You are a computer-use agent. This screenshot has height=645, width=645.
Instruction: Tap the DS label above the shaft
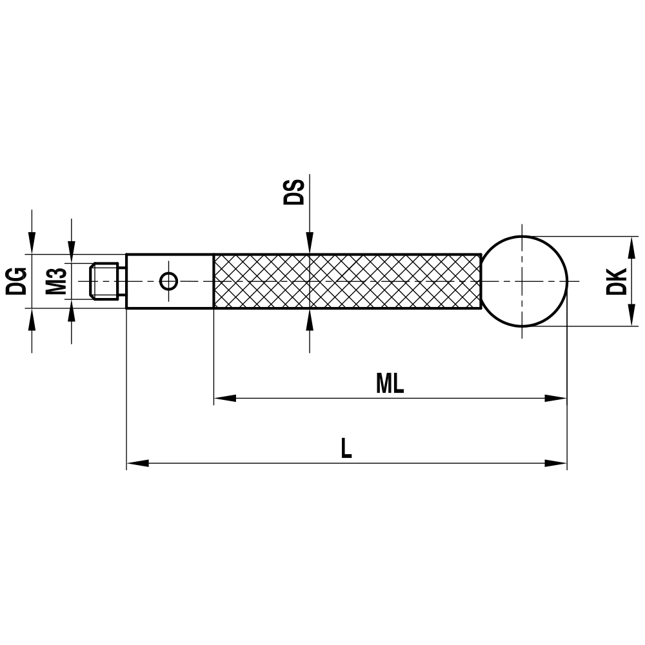[x=294, y=192]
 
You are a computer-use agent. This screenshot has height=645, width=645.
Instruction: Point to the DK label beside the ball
[x=617, y=281]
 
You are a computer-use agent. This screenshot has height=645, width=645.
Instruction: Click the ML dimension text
[x=390, y=384]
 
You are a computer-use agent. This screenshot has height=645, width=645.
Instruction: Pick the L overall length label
[x=346, y=449]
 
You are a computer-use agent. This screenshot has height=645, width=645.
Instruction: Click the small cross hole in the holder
[x=168, y=281]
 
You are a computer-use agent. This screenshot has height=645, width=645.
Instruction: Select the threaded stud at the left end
[x=104, y=281]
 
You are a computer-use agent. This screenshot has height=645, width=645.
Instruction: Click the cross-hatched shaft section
[x=347, y=281]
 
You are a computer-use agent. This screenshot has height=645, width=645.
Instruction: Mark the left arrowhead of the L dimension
[x=137, y=463]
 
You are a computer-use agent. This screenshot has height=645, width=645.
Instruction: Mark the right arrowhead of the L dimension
[x=556, y=463]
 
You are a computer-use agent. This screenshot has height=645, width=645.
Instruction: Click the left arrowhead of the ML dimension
[x=224, y=399]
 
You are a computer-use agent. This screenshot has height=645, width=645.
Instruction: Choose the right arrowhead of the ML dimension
[x=555, y=399]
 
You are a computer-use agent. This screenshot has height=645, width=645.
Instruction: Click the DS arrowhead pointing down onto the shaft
[x=310, y=244]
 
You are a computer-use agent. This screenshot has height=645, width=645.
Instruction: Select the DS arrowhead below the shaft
[x=310, y=319]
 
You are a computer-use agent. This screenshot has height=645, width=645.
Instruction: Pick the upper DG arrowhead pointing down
[x=31, y=243]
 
